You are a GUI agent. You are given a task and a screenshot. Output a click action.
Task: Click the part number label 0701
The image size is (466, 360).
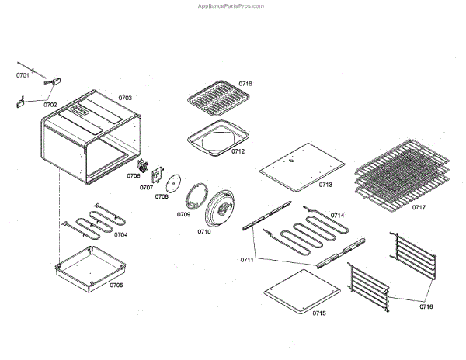click(x=23, y=75)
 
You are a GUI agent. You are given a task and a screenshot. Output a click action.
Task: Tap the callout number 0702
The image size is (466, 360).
click(x=50, y=104)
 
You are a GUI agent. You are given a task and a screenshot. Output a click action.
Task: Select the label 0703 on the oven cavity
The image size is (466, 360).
click(x=125, y=99)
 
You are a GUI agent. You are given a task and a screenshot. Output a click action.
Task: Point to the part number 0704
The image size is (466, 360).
click(x=122, y=234)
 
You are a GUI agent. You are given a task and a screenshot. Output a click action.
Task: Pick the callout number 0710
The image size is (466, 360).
click(x=204, y=231)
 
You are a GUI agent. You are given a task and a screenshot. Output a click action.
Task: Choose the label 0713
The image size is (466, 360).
click(x=325, y=185)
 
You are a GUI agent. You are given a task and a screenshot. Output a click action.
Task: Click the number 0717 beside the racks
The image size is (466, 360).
click(x=419, y=207)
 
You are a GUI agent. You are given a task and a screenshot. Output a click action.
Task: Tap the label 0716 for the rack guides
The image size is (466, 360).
click(x=426, y=307)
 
